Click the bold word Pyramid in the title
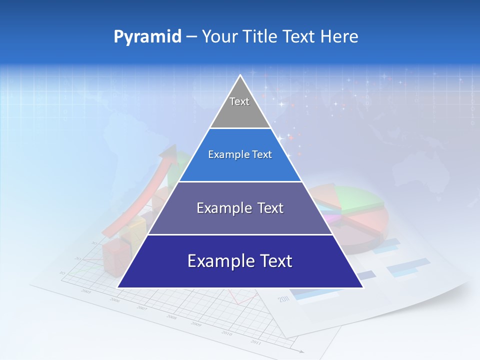(147, 37)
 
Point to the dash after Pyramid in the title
(191, 37)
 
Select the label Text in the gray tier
(239, 101)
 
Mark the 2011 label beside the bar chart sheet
(283, 299)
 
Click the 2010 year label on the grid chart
(227, 333)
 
